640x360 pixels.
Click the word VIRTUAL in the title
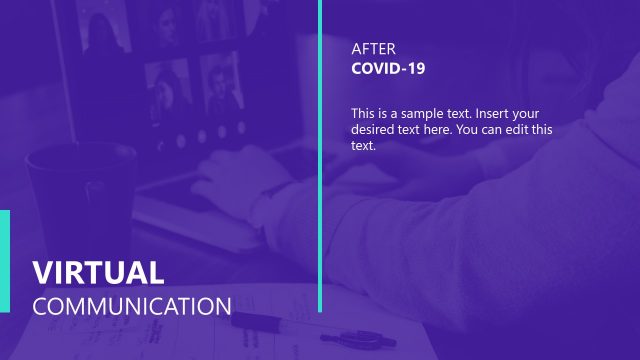click(x=98, y=273)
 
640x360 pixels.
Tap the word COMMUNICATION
click(x=132, y=306)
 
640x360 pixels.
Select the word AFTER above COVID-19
click(x=374, y=48)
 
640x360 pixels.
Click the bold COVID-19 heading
click(x=389, y=68)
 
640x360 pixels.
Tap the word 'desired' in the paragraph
click(x=373, y=130)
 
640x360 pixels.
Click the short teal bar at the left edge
click(x=4, y=260)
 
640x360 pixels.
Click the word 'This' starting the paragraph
click(x=364, y=113)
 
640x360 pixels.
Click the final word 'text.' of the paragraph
click(x=363, y=146)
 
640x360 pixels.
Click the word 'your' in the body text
click(x=532, y=113)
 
